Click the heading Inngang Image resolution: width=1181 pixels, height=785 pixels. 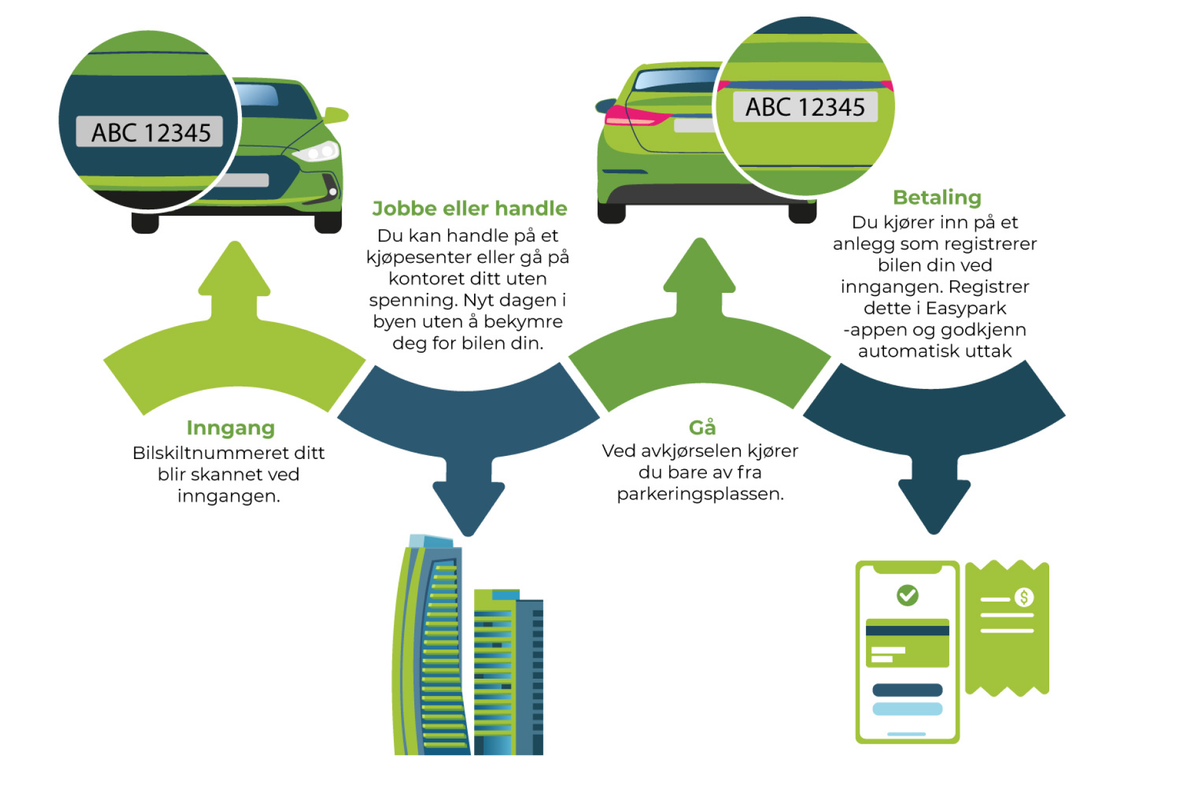tap(230, 428)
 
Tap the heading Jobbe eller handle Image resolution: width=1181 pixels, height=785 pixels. tap(469, 209)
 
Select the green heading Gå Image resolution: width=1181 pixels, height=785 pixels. tap(702, 427)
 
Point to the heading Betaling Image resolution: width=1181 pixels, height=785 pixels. tap(937, 197)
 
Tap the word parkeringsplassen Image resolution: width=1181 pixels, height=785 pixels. tap(700, 494)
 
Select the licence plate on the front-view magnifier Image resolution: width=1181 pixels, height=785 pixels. tap(150, 132)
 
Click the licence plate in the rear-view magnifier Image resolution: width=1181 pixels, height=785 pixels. tap(805, 107)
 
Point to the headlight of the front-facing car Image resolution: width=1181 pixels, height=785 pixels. tap(316, 152)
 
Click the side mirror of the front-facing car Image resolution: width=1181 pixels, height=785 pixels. tap(335, 115)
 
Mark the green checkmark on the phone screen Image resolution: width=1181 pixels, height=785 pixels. tap(907, 595)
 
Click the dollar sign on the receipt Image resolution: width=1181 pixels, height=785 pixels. tap(1024, 597)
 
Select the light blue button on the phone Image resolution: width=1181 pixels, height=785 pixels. tap(907, 709)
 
